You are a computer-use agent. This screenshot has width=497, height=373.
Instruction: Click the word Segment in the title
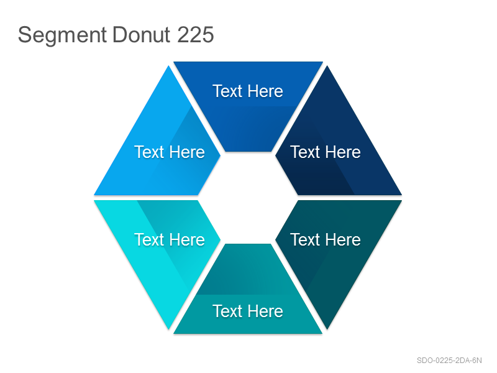click(62, 35)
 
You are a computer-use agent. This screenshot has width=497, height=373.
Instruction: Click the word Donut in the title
click(142, 35)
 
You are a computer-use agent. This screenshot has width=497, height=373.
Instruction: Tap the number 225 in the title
click(196, 35)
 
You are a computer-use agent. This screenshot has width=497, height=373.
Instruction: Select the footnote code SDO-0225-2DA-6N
click(449, 361)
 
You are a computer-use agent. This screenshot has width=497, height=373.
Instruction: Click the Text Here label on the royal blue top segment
click(247, 91)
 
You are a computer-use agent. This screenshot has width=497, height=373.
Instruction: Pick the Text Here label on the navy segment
click(326, 152)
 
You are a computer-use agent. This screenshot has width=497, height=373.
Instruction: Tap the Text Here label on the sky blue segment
click(170, 152)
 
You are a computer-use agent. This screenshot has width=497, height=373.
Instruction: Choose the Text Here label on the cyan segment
click(170, 240)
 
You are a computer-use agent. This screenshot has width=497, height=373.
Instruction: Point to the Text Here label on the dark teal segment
click(326, 240)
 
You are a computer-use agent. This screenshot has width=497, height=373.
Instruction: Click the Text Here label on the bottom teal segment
click(247, 311)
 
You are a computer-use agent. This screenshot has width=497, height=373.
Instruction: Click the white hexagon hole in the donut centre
click(248, 198)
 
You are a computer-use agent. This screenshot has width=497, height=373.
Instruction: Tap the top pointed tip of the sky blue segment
click(168, 66)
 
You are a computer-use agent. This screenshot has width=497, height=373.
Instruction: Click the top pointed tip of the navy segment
click(327, 66)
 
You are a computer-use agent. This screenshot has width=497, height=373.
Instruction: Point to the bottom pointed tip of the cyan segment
click(169, 329)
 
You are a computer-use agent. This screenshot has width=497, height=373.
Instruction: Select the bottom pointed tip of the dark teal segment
click(327, 329)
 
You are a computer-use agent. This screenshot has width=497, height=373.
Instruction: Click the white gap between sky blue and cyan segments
click(146, 198)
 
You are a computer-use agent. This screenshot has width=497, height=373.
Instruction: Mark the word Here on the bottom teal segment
click(265, 311)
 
